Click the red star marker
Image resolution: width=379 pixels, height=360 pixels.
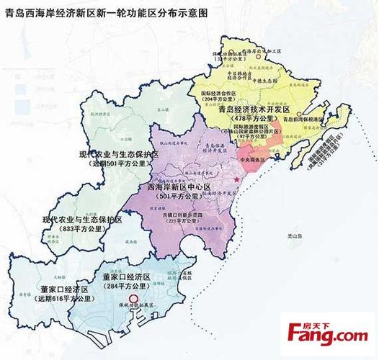click(236, 178)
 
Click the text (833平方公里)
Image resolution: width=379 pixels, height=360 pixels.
click(79, 228)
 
